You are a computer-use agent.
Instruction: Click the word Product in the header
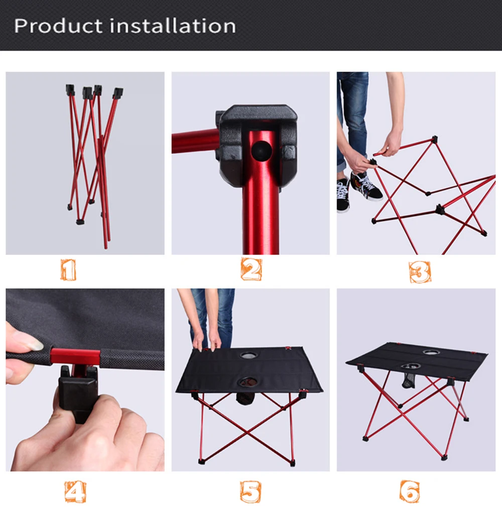[x=58, y=26]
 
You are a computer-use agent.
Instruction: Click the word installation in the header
[x=173, y=26]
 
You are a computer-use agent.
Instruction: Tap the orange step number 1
[x=68, y=270]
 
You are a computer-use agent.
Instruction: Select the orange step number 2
[x=252, y=269]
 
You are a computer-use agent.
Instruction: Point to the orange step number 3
[x=420, y=272]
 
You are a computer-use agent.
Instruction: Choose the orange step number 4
[x=75, y=492]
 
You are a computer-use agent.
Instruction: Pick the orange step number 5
[x=250, y=491]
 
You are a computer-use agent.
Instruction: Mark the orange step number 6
[x=410, y=491]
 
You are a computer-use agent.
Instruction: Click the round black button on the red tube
[x=262, y=151]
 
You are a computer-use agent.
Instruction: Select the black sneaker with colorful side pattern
[x=366, y=186]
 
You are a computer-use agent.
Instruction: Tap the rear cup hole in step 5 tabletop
[x=248, y=355]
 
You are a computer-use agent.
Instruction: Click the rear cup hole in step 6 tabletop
[x=431, y=352]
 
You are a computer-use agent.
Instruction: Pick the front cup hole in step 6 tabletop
[x=411, y=366]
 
